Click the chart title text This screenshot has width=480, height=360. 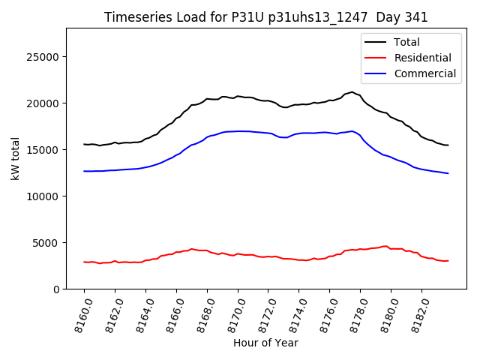[x=266, y=17]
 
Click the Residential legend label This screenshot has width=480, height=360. [x=422, y=58]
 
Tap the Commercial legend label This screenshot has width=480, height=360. [x=425, y=73]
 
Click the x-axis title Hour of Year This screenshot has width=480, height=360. [x=265, y=343]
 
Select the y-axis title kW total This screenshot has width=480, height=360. [x=15, y=158]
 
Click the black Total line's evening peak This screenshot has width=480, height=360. [x=352, y=92]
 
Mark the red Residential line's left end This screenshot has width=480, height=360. [x=85, y=262]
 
